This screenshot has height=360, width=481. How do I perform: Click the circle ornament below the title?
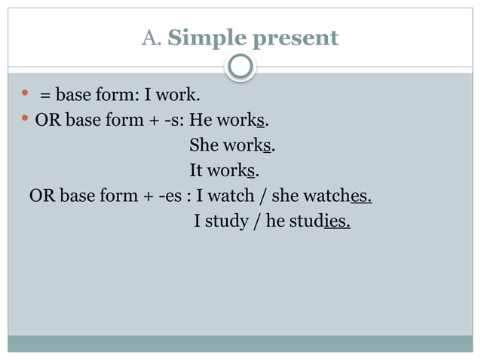(240, 67)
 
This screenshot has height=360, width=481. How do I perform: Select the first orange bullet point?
(25, 93)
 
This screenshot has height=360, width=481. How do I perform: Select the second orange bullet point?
(25, 119)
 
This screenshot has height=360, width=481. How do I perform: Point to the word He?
(201, 121)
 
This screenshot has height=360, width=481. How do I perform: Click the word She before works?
(203, 145)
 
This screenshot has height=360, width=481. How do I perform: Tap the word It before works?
(197, 171)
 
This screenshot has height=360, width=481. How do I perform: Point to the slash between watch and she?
(263, 197)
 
